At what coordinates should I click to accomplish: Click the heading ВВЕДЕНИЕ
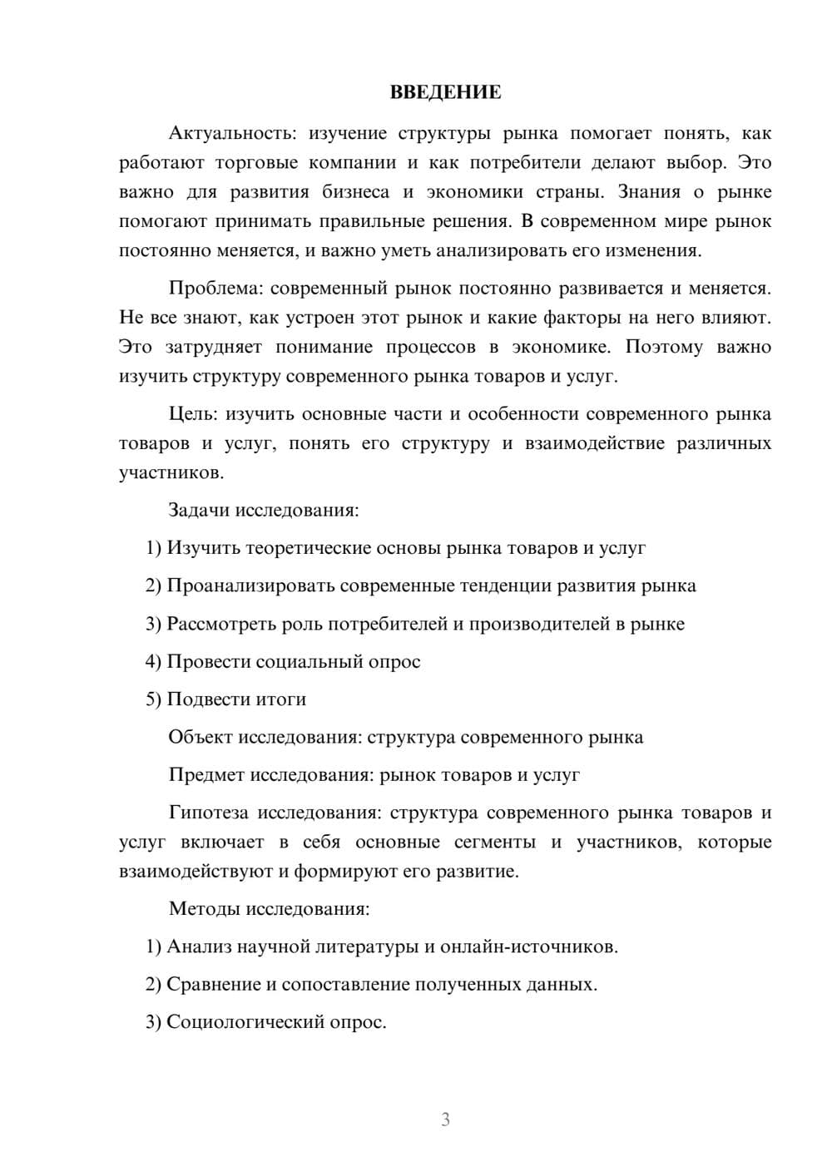(445, 92)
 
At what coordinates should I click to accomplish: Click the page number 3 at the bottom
(445, 1119)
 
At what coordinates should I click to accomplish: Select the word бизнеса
(355, 192)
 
